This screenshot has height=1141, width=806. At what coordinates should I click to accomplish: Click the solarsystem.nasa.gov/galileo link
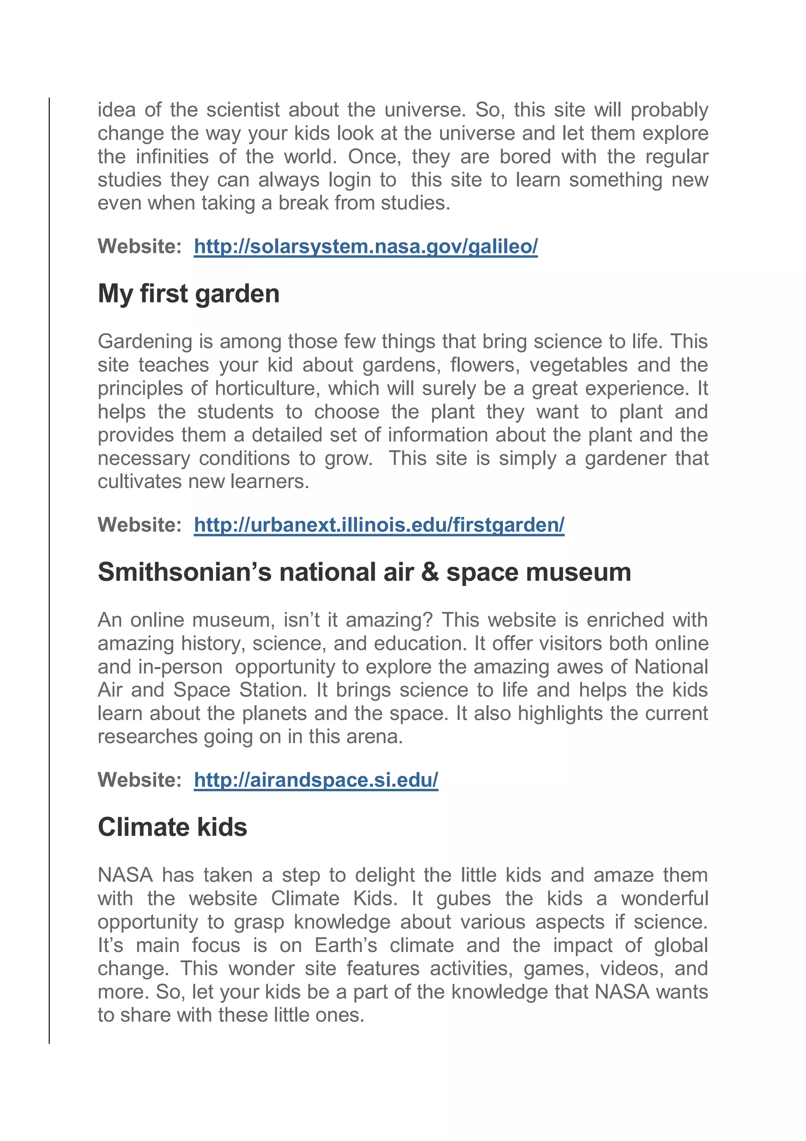pos(366,247)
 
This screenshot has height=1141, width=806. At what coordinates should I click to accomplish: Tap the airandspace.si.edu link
pos(316,780)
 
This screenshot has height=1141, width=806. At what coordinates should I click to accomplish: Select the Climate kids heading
pos(172,827)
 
